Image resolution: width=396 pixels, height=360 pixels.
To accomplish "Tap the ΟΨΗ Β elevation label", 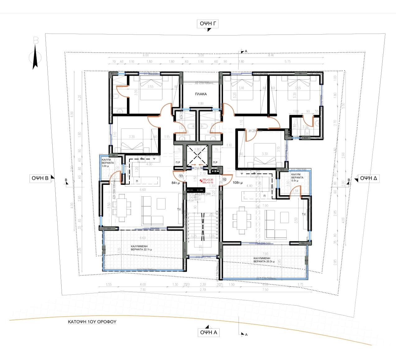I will click(40, 178).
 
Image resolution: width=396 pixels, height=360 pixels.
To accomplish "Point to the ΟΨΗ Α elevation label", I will click(208, 332).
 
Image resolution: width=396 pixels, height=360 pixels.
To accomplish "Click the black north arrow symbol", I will click(35, 56).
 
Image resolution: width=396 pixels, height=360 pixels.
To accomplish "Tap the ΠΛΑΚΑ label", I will click(201, 94).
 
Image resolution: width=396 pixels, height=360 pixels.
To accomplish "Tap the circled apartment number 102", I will click(225, 179).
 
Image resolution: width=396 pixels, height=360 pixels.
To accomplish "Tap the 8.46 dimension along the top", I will click(271, 55).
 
